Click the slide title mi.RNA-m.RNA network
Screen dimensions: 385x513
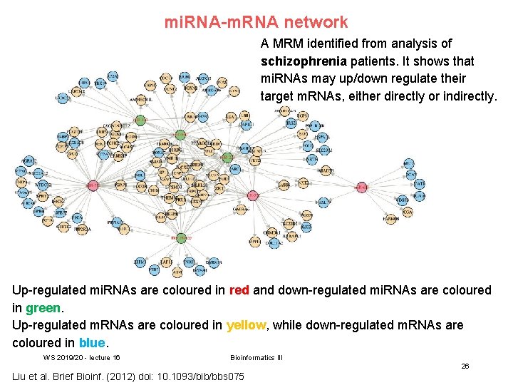click(x=256, y=22)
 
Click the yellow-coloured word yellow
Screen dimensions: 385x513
click(x=246, y=325)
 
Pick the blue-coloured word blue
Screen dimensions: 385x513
click(x=92, y=342)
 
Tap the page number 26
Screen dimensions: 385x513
click(x=465, y=366)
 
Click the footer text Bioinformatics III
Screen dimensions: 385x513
click(x=256, y=357)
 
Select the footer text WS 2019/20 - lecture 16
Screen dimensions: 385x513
click(x=81, y=357)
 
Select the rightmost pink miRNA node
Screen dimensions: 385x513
click(x=361, y=187)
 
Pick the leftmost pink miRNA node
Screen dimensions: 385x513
click(x=93, y=186)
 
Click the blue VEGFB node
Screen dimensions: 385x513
click(x=402, y=200)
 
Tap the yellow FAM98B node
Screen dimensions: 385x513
click(x=390, y=219)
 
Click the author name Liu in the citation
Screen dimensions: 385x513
click(x=21, y=376)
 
